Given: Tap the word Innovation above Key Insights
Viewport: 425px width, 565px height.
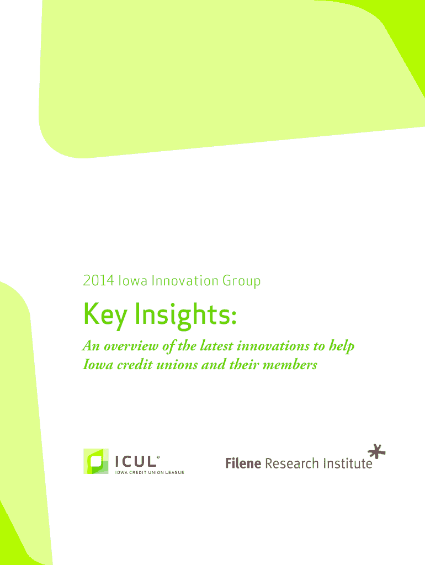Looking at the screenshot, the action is (x=184, y=281).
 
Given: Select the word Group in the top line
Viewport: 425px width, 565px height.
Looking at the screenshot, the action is (x=242, y=282).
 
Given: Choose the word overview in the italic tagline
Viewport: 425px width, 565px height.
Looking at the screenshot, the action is (x=131, y=346).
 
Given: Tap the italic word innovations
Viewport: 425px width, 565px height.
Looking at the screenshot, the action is (x=273, y=346).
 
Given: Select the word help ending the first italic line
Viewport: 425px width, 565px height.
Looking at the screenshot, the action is (x=341, y=347).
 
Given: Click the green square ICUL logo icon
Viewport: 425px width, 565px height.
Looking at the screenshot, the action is (x=96, y=461).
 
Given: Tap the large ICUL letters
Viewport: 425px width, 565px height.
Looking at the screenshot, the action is (x=137, y=462).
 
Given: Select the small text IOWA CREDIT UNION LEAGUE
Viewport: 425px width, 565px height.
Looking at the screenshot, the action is (x=150, y=472).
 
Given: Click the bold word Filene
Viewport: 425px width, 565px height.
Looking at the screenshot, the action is (x=243, y=463).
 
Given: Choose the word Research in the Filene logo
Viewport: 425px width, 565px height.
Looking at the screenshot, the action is (x=292, y=463).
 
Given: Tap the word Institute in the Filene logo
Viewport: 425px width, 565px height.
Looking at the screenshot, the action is (x=348, y=463).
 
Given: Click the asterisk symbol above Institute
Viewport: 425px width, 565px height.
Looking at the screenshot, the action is (x=376, y=451).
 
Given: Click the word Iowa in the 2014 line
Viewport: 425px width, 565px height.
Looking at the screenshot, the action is (x=133, y=281).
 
